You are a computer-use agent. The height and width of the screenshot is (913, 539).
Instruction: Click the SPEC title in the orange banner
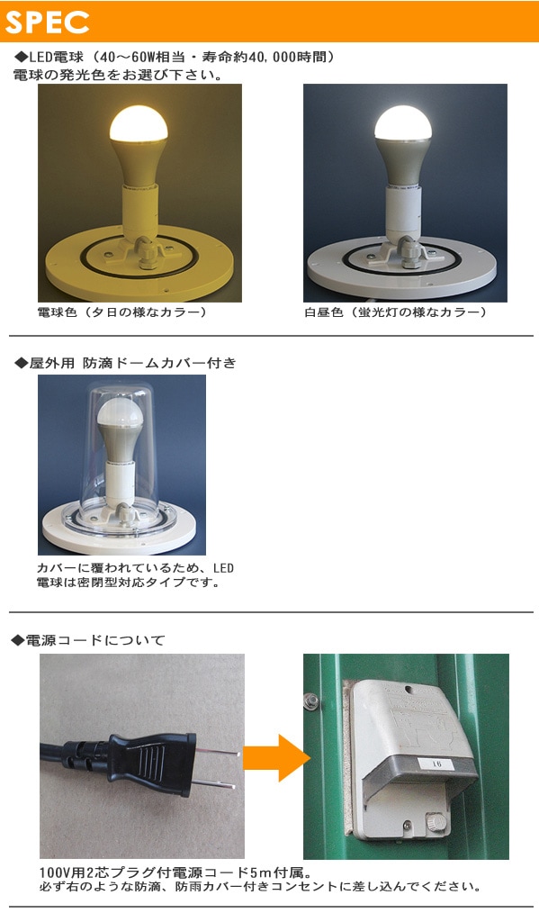tap(47, 22)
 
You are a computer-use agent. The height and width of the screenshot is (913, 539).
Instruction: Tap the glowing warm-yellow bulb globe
tap(139, 123)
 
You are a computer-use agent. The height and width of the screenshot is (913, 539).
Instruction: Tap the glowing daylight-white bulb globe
tap(403, 123)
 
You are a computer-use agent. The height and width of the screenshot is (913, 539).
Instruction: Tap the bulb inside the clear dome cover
tap(120, 428)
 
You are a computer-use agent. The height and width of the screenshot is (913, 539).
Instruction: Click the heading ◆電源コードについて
tap(88, 640)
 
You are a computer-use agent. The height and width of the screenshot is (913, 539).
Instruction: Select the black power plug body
tap(152, 764)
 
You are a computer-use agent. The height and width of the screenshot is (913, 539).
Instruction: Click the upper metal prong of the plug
tap(218, 752)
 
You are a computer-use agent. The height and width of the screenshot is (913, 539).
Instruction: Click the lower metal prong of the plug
tap(214, 783)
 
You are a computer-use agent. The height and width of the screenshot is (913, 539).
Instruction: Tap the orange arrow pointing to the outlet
tap(276, 758)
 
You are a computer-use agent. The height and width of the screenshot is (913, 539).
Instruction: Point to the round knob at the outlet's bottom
tap(434, 821)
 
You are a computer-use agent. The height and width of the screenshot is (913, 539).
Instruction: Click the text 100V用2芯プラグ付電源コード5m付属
tap(175, 872)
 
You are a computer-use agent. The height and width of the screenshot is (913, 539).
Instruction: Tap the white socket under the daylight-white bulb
tap(403, 212)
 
